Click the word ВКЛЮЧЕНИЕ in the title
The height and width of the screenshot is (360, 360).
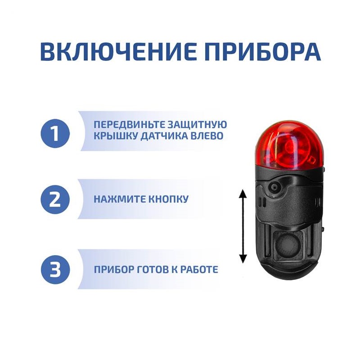pyautogui.click(x=118, y=51)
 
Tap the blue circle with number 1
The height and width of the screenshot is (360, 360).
pyautogui.click(x=55, y=133)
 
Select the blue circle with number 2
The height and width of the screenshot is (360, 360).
pyautogui.click(x=55, y=199)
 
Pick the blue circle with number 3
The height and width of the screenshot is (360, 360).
pyautogui.click(x=55, y=269)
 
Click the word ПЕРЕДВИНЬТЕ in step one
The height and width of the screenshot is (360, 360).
pyautogui.click(x=130, y=125)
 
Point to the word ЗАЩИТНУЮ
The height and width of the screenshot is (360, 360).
pyautogui.click(x=197, y=125)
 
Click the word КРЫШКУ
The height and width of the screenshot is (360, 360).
pyautogui.click(x=116, y=136)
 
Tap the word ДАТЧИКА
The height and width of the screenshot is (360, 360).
pyautogui.click(x=164, y=136)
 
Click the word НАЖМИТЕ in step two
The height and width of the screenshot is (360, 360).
pyautogui.click(x=120, y=199)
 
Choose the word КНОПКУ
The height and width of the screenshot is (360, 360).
pyautogui.click(x=168, y=199)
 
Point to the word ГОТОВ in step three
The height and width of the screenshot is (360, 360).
pyautogui.click(x=152, y=269)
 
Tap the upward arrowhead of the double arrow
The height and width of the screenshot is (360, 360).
pyautogui.click(x=243, y=194)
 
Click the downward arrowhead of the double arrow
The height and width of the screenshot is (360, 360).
pyautogui.click(x=243, y=258)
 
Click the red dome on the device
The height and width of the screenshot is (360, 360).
pyautogui.click(x=289, y=144)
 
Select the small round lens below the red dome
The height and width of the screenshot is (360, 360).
pyautogui.click(x=274, y=187)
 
